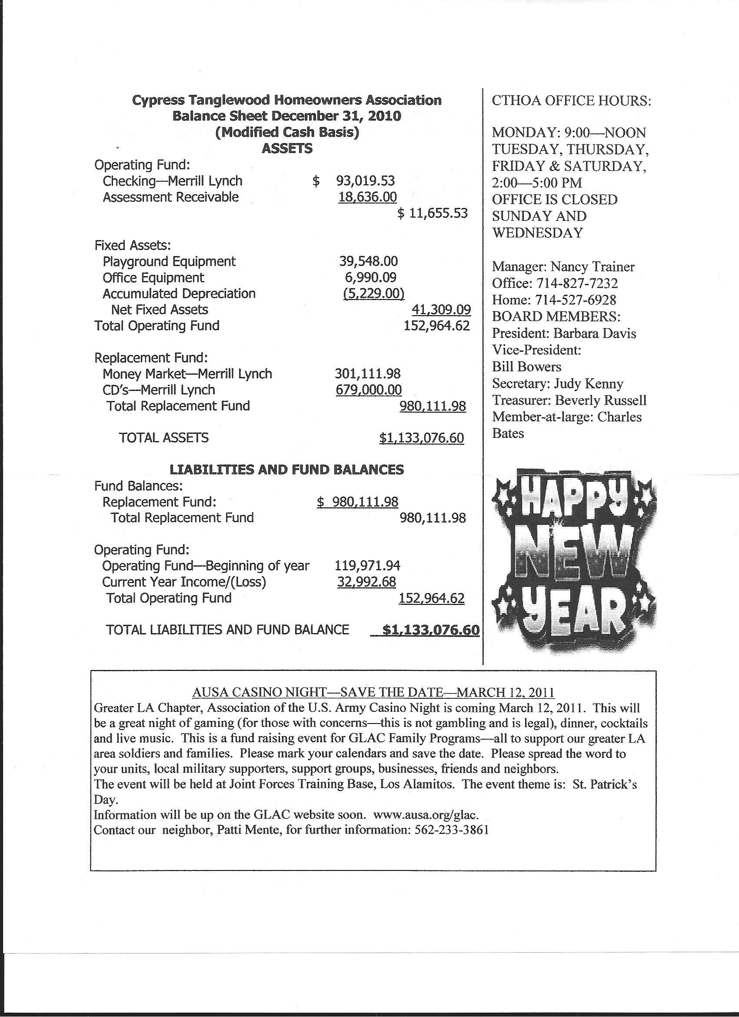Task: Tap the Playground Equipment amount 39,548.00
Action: [x=368, y=261]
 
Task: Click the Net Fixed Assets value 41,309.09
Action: [x=441, y=310]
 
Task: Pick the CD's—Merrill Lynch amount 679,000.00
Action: [x=368, y=390]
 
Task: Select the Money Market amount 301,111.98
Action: [x=368, y=374]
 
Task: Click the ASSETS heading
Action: [x=287, y=148]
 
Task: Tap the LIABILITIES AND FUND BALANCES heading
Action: [x=287, y=470]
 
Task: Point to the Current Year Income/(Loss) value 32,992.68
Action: [x=366, y=582]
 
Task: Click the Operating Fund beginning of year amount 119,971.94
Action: [x=367, y=566]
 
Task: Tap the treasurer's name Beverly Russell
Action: [x=601, y=400]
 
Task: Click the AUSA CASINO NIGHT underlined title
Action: [x=373, y=692]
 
